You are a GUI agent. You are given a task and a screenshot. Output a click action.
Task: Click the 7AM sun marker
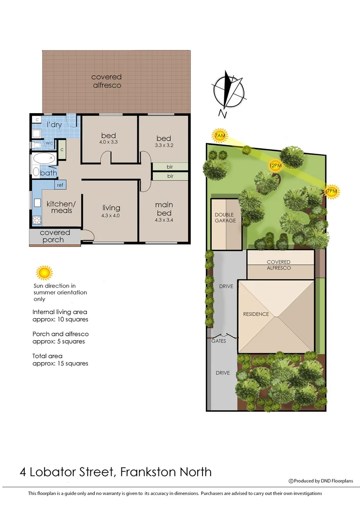point(219,136)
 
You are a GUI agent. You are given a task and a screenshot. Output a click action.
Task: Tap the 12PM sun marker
point(275,165)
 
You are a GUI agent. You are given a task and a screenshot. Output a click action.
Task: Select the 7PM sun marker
point(332,192)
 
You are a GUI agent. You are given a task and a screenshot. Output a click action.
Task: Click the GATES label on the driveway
point(218,341)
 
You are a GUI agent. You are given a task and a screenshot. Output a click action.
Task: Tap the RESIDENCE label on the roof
point(256,314)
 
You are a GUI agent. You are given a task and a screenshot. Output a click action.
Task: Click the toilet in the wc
point(38,144)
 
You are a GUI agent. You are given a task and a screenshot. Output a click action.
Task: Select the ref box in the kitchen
point(60,185)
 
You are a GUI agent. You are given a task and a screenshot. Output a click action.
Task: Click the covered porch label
point(56,236)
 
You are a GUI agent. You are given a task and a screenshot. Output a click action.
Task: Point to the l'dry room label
point(54,125)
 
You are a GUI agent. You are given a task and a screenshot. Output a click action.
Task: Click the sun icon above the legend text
point(44,273)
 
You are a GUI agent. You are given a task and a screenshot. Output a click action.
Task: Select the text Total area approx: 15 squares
point(60,359)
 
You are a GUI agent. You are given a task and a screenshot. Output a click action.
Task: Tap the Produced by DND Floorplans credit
point(321,481)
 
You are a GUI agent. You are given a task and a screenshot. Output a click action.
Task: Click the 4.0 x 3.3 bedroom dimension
point(109,143)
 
